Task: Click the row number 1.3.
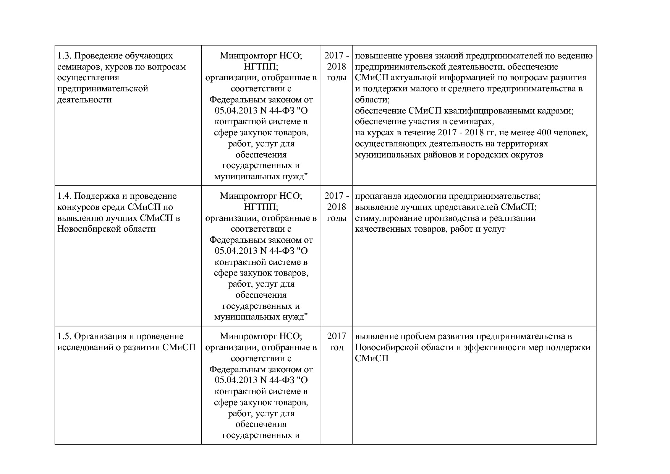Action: coord(64,56)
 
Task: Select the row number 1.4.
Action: coord(64,196)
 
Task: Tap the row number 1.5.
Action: coord(64,336)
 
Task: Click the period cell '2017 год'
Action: coord(337,342)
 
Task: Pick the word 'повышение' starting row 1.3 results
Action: coord(375,56)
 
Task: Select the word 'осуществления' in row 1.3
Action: coord(88,78)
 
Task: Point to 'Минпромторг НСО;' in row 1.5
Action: coord(261,336)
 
